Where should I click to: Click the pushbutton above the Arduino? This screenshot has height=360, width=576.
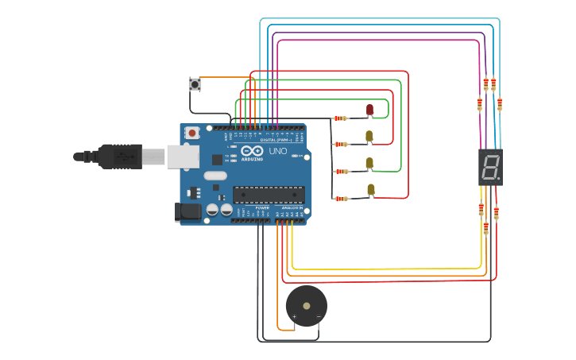(195, 83)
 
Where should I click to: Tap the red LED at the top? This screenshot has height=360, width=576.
(369, 110)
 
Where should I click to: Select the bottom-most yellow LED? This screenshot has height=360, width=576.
(370, 189)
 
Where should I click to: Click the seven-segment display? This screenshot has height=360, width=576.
(490, 167)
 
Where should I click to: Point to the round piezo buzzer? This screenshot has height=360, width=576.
(306, 305)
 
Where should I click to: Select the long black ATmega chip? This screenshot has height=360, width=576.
(269, 195)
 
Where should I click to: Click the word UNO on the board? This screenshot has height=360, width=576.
(278, 151)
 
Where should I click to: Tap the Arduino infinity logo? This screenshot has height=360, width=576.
(252, 151)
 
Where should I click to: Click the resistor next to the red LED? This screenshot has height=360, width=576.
(340, 118)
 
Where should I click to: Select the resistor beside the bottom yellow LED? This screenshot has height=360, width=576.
(341, 199)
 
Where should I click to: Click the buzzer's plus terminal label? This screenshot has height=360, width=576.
(294, 317)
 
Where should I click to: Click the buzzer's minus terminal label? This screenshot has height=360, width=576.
(319, 317)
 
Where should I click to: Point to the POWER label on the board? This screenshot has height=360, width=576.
(262, 207)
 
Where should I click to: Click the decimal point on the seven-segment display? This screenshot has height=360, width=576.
(499, 179)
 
